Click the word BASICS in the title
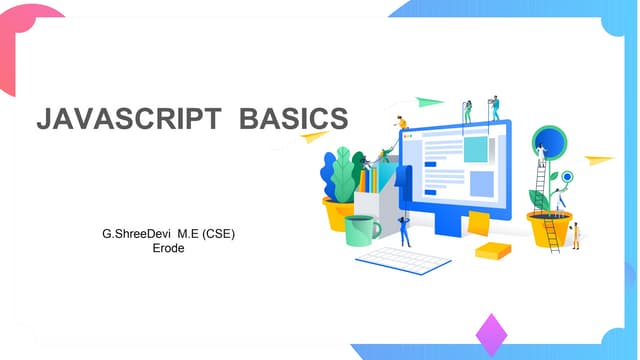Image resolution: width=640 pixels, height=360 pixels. [x=294, y=119]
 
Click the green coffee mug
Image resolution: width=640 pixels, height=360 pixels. [x=361, y=230]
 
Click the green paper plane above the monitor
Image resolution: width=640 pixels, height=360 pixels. [x=429, y=101]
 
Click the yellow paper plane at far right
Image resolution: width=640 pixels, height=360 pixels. [x=598, y=160]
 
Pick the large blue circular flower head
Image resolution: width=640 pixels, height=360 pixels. [x=549, y=142]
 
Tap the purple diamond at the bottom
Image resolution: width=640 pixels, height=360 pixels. [x=491, y=334]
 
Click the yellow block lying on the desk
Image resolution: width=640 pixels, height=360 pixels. [x=492, y=250]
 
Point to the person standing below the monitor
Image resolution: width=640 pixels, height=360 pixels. [x=404, y=230]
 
